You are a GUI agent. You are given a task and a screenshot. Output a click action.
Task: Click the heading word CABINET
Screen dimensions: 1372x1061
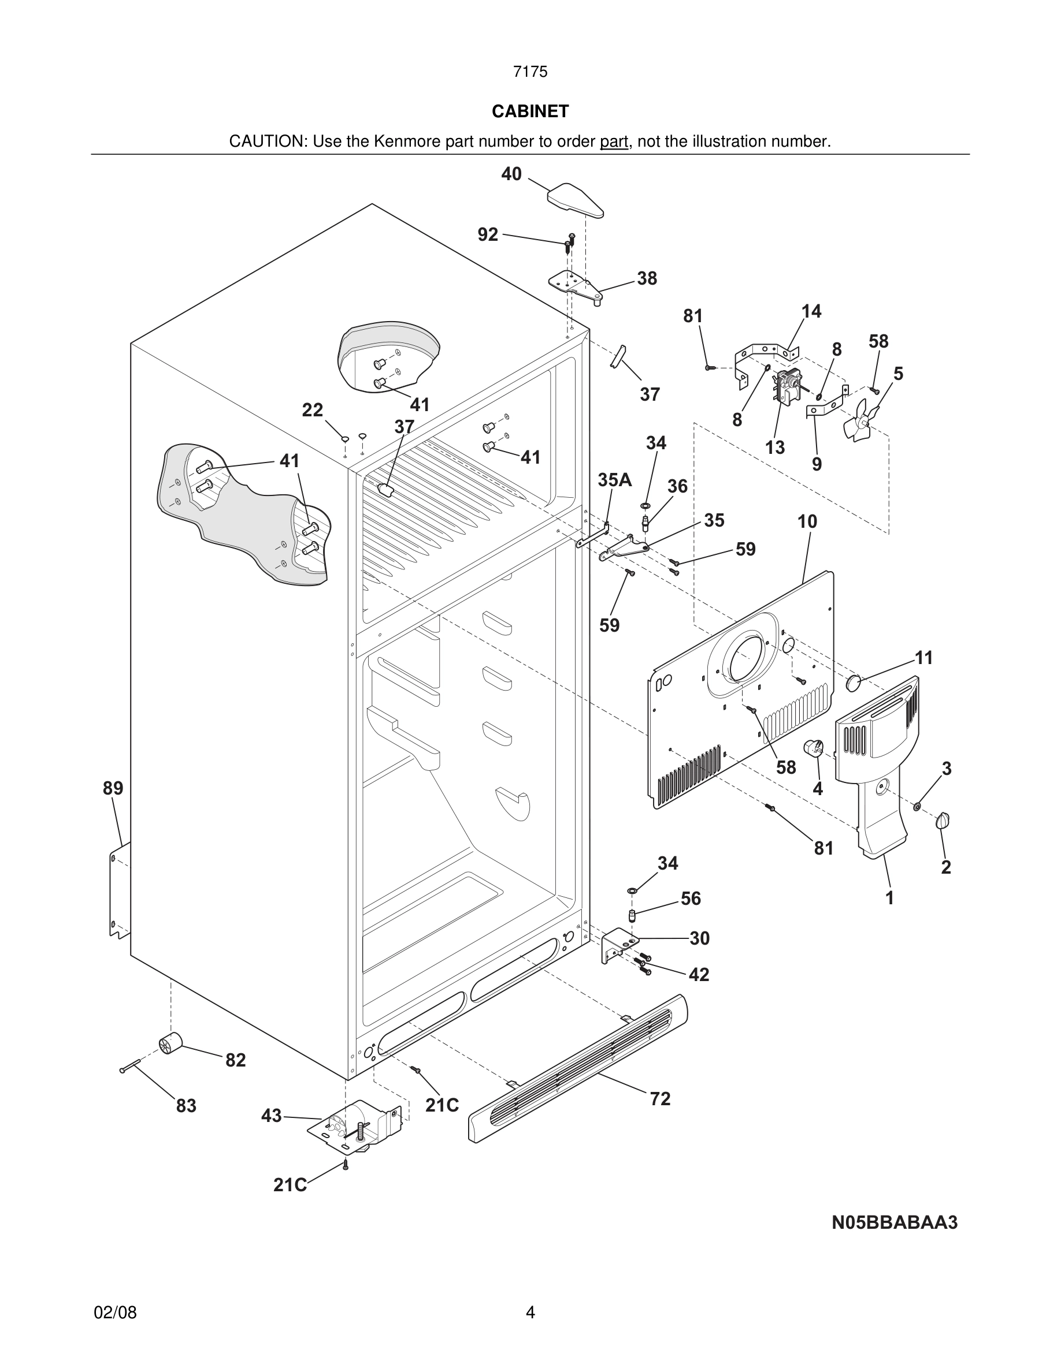click(x=530, y=111)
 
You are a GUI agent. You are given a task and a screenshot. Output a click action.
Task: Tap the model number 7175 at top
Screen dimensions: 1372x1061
click(x=530, y=72)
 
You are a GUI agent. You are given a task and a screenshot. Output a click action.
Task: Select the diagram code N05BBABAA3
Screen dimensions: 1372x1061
click(x=895, y=1222)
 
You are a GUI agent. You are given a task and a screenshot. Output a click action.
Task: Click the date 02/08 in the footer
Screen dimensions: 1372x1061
click(x=115, y=1313)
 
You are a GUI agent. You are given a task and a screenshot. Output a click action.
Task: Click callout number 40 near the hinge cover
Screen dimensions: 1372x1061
click(x=511, y=174)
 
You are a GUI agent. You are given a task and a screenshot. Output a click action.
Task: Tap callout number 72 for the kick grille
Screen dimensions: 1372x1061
click(x=660, y=1099)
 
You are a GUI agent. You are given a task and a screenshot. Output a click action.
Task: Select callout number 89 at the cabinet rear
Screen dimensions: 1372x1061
click(x=113, y=788)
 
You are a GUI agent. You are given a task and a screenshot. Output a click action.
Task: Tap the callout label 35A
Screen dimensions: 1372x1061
click(x=614, y=480)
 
